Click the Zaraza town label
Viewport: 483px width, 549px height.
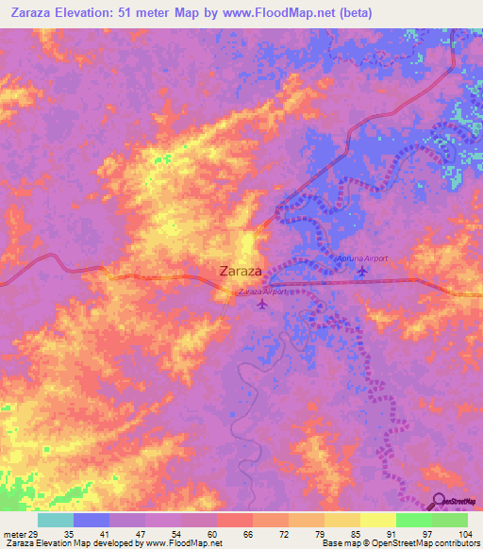point(240,271)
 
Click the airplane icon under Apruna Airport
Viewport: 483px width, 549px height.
point(364,272)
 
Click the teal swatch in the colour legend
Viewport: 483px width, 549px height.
point(55,520)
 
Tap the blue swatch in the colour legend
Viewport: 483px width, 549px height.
point(91,520)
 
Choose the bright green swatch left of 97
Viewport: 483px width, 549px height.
point(413,520)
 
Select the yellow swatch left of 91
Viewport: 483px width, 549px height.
point(377,520)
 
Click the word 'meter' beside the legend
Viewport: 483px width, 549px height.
point(13,533)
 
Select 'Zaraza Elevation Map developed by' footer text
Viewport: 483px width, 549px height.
point(71,544)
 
